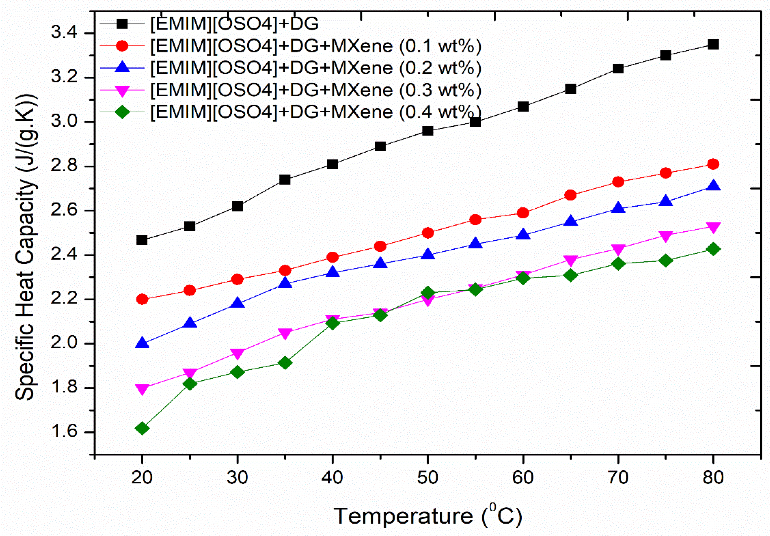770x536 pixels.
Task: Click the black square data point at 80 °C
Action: (x=713, y=45)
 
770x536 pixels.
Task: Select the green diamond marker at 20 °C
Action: (x=142, y=428)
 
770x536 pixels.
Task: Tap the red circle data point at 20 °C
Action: (x=142, y=299)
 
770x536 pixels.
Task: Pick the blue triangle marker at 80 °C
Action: (x=713, y=186)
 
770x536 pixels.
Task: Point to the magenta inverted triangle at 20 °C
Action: (x=142, y=389)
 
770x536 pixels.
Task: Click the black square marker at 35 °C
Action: (x=285, y=179)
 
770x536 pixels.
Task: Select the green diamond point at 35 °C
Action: (x=285, y=363)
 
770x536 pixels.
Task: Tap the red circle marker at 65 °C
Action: (x=570, y=195)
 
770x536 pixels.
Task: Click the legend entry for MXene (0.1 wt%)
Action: (x=315, y=46)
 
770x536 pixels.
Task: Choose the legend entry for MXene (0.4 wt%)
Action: (x=315, y=112)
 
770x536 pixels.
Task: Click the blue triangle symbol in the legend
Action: (x=122, y=67)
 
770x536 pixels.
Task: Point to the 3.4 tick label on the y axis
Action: (x=64, y=33)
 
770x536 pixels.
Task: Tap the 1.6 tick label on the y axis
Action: (x=64, y=432)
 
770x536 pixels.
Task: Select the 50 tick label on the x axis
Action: (x=427, y=477)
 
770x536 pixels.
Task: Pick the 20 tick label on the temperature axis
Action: (x=142, y=477)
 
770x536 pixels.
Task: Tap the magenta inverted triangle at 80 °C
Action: (x=713, y=227)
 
